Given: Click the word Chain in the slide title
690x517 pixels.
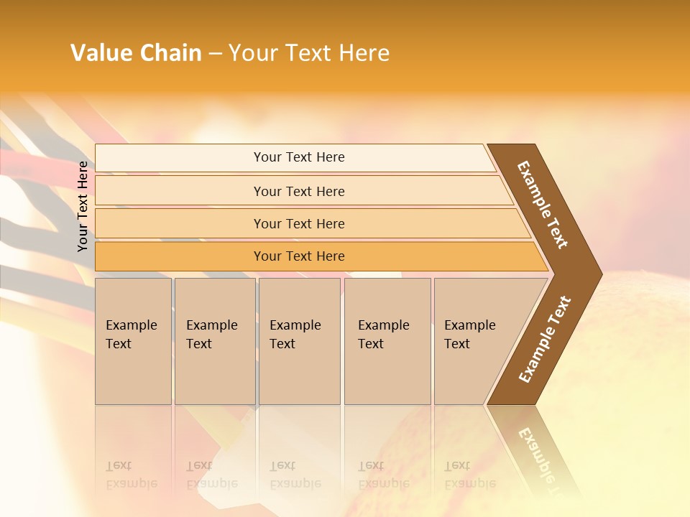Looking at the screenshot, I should tap(170, 53).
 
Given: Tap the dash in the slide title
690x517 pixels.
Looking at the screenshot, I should tap(215, 54).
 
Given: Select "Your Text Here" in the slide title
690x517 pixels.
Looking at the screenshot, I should tap(308, 53).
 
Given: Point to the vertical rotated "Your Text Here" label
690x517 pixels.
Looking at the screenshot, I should tap(83, 207).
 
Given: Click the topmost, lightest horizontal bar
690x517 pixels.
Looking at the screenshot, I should tap(299, 157).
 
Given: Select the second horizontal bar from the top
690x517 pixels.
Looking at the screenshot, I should tap(299, 191).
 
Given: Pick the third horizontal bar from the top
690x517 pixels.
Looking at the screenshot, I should tap(299, 223).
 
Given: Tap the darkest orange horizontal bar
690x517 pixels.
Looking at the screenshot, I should tap(299, 256).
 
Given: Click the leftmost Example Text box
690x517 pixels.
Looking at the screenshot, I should tap(133, 341).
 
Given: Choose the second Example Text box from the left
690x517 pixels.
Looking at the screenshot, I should tap(214, 341).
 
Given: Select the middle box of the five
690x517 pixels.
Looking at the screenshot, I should tap(299, 341).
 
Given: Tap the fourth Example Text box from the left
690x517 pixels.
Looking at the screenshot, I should tap(387, 341).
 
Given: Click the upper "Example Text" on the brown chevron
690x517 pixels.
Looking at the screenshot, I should tap(543, 205).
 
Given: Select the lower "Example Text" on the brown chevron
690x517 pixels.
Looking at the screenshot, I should tap(545, 339).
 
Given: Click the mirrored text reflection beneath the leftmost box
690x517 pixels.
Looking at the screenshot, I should tap(131, 475).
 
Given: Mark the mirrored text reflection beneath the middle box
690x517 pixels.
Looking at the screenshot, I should tap(295, 475).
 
